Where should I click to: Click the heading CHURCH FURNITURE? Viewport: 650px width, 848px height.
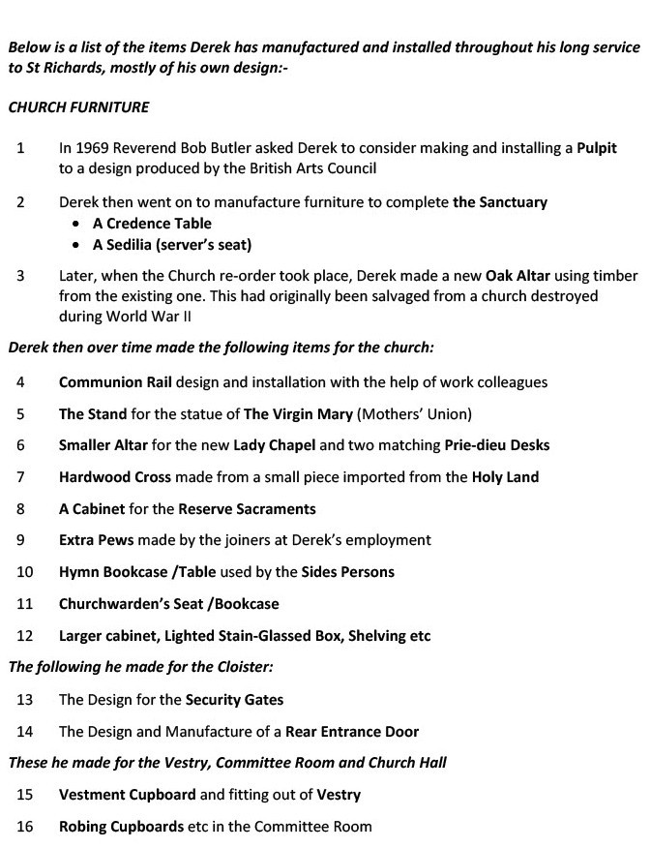point(78,107)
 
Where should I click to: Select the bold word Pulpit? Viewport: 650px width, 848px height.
point(596,149)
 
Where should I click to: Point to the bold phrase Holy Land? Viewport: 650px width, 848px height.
point(505,477)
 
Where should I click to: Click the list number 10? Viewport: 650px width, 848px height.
point(25,572)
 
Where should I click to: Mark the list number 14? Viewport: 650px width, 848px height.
point(25,731)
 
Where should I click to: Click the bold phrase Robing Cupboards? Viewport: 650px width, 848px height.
point(121,827)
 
